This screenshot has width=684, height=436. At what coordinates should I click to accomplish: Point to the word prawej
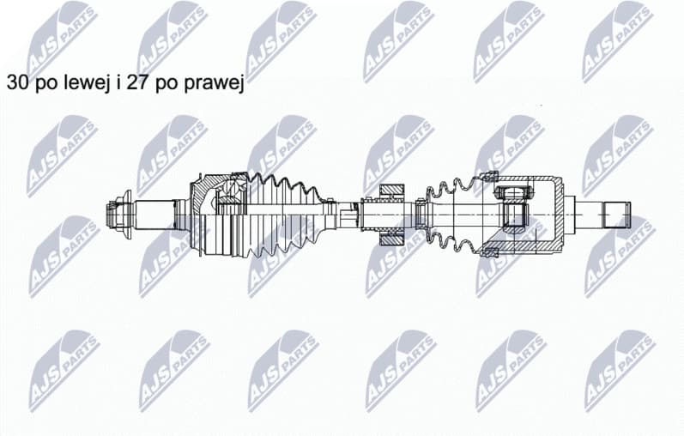(x=216, y=83)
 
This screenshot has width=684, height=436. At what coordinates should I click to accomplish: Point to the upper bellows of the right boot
(x=455, y=189)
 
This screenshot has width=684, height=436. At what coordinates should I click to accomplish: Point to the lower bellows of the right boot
(x=455, y=241)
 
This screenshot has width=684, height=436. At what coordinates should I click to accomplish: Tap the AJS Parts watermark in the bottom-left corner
(x=64, y=369)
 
